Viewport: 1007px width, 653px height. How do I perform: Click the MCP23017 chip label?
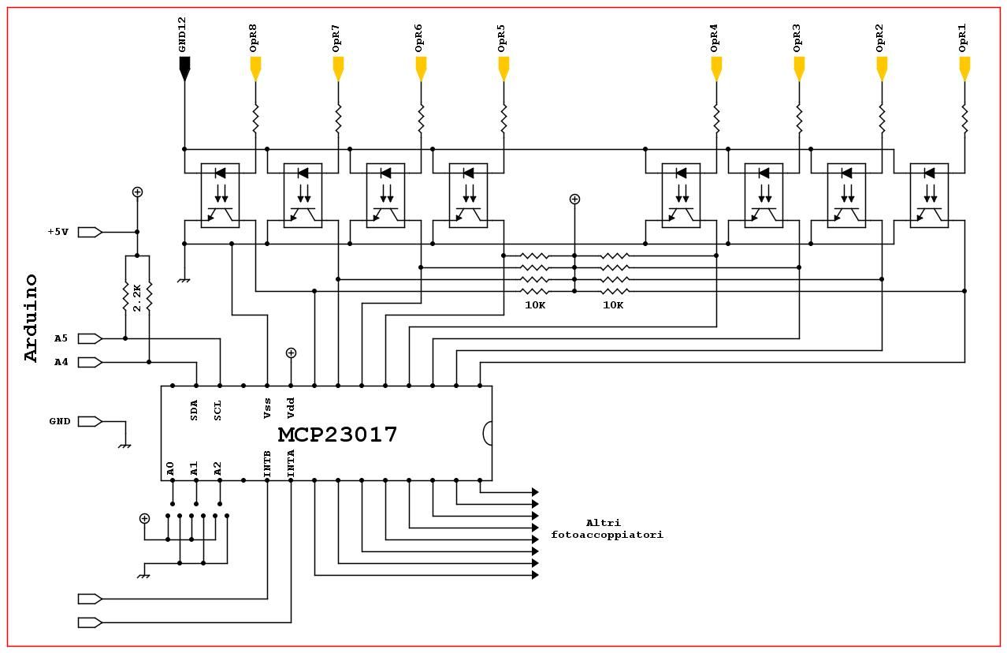337,435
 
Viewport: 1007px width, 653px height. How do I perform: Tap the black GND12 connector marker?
184,69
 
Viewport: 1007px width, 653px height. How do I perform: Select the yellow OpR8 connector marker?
255,69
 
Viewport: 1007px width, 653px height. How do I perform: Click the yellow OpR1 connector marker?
964,69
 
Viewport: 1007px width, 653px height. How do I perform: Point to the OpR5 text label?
501,38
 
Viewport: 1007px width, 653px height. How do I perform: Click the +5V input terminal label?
58,232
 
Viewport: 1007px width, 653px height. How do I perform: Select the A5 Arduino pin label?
61,338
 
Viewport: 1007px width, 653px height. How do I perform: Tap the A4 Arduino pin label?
61,362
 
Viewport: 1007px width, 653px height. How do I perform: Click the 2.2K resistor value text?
137,297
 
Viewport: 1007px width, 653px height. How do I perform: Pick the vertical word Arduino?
32,318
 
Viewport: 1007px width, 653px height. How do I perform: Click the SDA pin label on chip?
195,410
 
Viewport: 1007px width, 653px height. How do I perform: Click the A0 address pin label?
171,469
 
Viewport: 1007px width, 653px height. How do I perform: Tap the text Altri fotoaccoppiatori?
606,528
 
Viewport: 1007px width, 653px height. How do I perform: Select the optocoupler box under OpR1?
929,196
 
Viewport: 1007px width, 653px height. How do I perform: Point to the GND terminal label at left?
60,421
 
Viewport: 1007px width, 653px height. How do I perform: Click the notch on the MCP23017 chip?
487,433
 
